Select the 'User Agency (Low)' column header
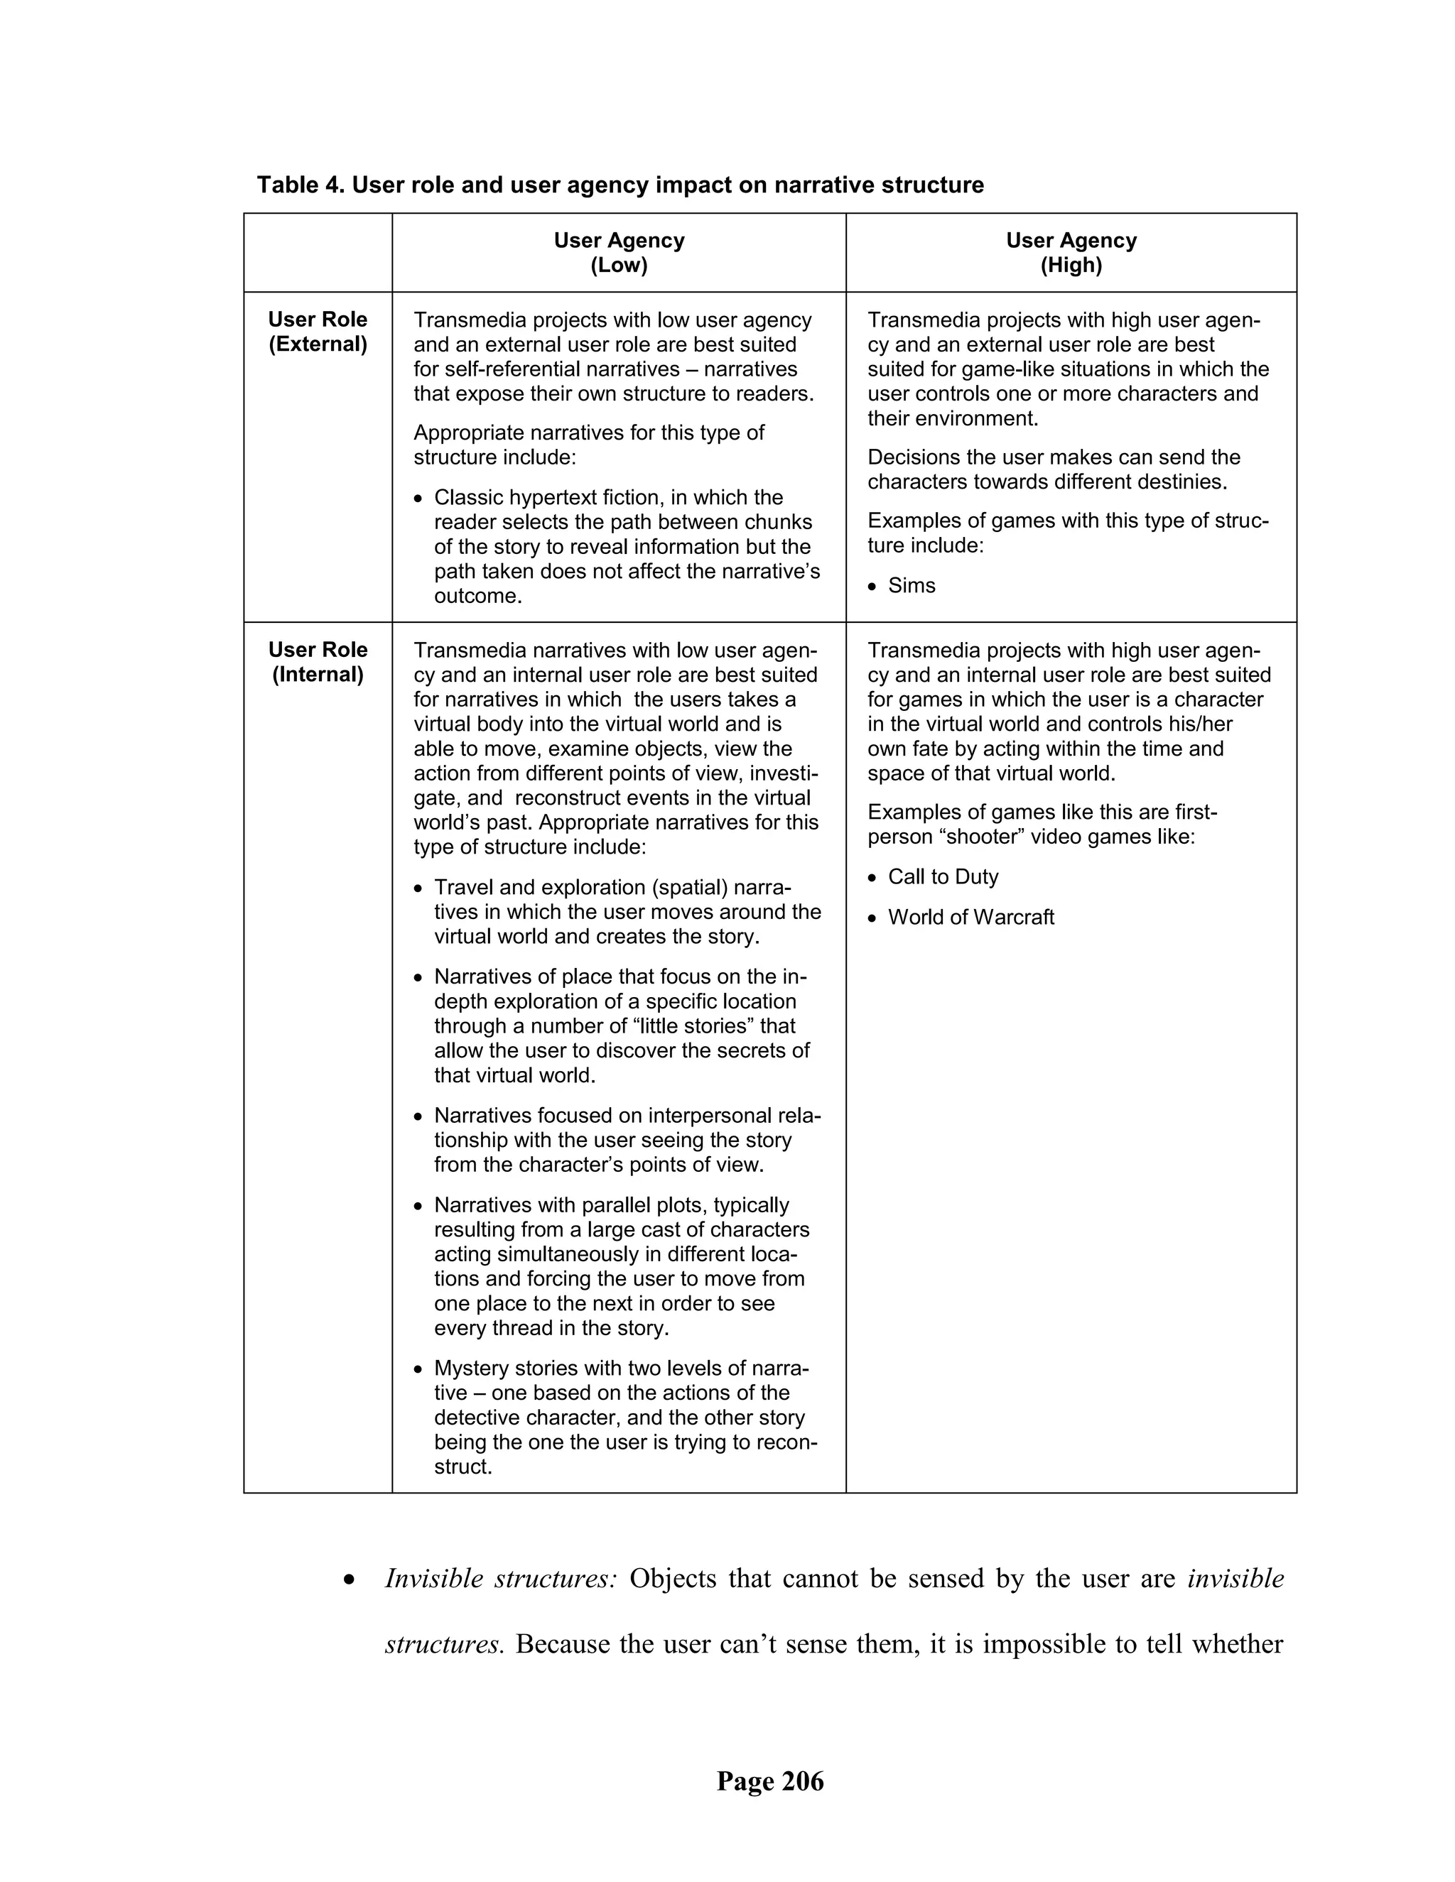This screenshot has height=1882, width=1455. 619,253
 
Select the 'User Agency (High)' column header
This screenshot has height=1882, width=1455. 1071,253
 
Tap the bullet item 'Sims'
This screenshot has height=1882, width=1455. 911,586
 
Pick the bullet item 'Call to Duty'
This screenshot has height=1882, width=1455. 943,877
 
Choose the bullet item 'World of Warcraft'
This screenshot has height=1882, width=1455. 970,918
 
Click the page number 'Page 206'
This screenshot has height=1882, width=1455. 769,1781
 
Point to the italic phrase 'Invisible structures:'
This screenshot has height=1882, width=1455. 500,1579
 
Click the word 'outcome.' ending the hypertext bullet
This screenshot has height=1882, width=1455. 477,597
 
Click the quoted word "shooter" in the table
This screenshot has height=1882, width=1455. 969,837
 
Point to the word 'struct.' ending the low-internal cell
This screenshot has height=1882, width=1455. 463,1467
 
